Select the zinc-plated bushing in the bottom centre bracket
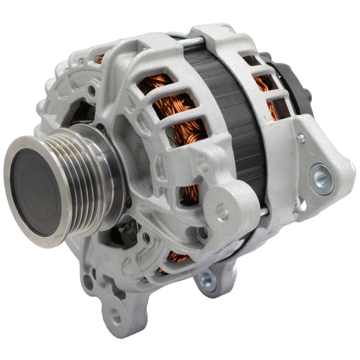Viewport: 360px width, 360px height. point(208,279)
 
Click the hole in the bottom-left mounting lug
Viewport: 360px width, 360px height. point(116,315)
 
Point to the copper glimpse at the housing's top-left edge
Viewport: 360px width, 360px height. point(100,58)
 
